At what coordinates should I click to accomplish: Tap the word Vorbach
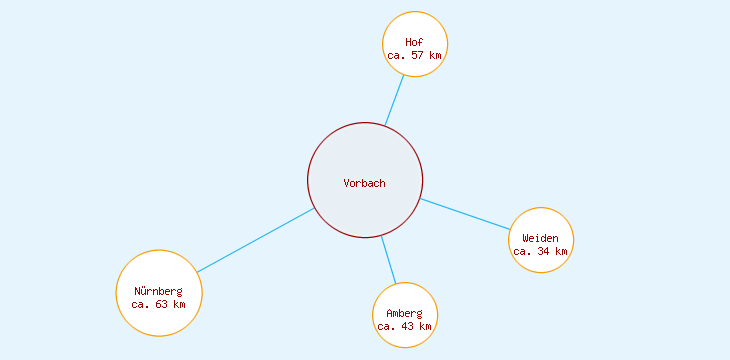pyautogui.click(x=364, y=183)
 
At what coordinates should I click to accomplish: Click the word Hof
pyautogui.click(x=414, y=42)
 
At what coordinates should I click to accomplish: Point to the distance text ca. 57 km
pyautogui.click(x=414, y=56)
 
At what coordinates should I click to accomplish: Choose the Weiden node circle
pyautogui.click(x=541, y=222)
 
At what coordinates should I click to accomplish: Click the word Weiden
pyautogui.click(x=540, y=238)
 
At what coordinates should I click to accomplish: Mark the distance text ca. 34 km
pyautogui.click(x=540, y=252)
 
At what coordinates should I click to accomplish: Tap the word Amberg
pyautogui.click(x=404, y=313)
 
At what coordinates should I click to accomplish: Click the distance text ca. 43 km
pyautogui.click(x=404, y=326)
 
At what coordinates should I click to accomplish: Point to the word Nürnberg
pyautogui.click(x=158, y=291)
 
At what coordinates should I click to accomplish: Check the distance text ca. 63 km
pyautogui.click(x=158, y=304)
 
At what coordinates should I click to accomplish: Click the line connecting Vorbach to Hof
pyautogui.click(x=395, y=101)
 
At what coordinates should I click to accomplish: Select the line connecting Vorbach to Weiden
pyautogui.click(x=465, y=215)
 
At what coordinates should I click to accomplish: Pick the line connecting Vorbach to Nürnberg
pyautogui.click(x=255, y=241)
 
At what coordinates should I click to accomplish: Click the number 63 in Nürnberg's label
pyautogui.click(x=163, y=304)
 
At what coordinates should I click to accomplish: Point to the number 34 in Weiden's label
pyautogui.click(x=545, y=252)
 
